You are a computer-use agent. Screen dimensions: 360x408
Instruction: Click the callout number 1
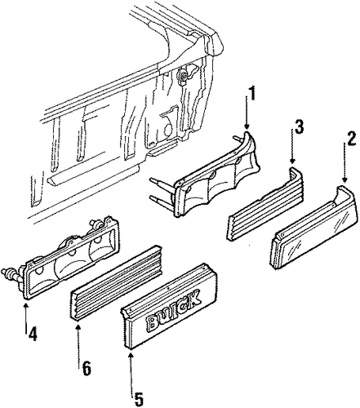point(253,94)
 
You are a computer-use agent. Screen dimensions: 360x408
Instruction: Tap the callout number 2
point(351,139)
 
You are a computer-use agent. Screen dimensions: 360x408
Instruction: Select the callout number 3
point(299,126)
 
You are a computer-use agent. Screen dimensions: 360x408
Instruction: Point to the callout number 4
point(33,333)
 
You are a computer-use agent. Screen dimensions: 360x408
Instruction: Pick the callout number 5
point(138,399)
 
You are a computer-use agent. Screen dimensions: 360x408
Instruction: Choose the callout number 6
point(87,368)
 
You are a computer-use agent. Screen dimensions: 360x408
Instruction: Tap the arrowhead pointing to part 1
point(247,126)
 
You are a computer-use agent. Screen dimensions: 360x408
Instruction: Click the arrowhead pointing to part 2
point(344,180)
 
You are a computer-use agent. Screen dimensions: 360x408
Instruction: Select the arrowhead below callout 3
point(292,162)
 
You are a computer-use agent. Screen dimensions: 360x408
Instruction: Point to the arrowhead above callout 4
point(26,305)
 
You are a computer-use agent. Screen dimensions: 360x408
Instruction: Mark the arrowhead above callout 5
point(131,355)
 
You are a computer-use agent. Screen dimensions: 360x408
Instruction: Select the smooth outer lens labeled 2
point(314,227)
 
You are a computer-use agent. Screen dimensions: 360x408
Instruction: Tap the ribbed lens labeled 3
point(265,204)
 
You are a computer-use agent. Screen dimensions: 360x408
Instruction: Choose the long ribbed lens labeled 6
point(117,283)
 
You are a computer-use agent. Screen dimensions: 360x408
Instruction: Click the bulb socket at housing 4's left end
point(11,273)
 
